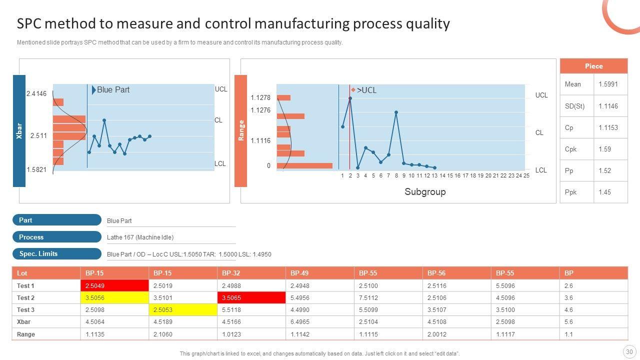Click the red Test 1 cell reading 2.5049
point(114,286)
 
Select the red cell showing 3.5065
point(251,298)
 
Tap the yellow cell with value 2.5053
point(182,310)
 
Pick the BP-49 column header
point(299,273)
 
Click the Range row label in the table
point(26,334)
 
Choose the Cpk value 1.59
point(605,149)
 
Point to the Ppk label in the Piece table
point(570,192)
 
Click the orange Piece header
point(593,66)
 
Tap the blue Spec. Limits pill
point(56,253)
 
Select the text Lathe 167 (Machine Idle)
point(140,237)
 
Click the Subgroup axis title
point(425,191)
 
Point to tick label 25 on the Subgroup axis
point(526,176)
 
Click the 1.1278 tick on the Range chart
point(260,98)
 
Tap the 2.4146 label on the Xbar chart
point(36,94)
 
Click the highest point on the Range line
point(350,98)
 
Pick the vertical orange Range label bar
point(240,131)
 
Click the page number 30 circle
point(628,351)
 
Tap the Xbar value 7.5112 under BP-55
point(367,298)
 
